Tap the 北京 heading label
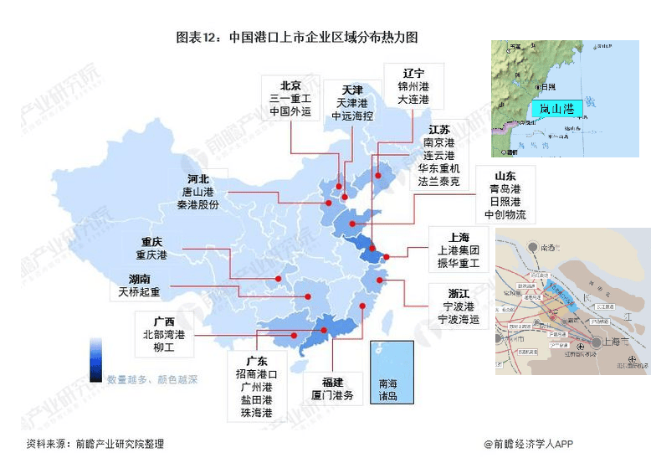(x=290, y=85)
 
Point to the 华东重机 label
(x=438, y=168)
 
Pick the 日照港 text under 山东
(x=505, y=202)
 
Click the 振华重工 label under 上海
(x=458, y=263)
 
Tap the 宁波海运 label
(x=459, y=320)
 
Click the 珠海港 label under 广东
(x=256, y=413)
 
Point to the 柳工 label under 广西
(x=163, y=347)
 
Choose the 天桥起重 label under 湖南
(x=139, y=292)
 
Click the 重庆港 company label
(x=151, y=255)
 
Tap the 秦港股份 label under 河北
(x=197, y=205)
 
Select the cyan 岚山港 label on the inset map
(x=556, y=109)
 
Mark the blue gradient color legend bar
(x=97, y=359)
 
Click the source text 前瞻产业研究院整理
(x=119, y=444)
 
